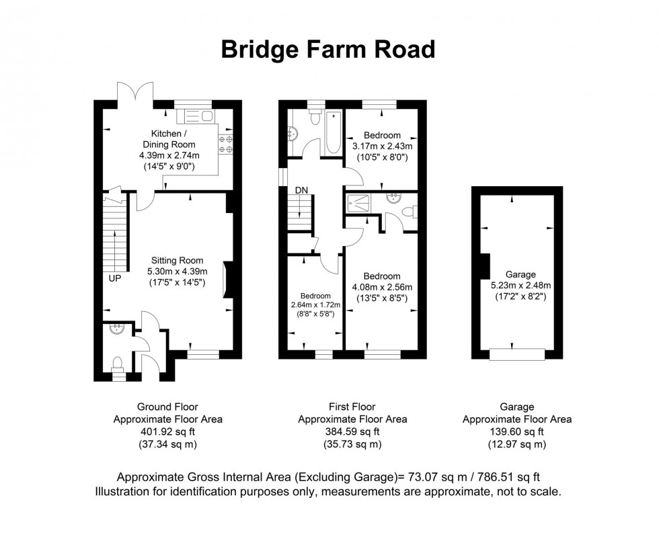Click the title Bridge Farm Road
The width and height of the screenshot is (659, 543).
point(329,49)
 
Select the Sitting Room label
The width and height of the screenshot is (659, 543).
point(177,260)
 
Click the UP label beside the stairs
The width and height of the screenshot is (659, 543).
point(114,277)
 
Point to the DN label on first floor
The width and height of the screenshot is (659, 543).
point(301,190)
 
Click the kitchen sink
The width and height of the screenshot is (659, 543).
point(195,117)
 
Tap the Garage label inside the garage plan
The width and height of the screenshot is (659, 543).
point(520,274)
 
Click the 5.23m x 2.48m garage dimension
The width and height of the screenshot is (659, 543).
point(520,285)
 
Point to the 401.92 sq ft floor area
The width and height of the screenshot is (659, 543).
point(167,431)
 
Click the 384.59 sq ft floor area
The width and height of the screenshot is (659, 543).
point(352,431)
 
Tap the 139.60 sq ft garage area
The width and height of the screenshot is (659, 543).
point(517,431)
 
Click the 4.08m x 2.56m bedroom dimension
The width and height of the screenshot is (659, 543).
point(382,287)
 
